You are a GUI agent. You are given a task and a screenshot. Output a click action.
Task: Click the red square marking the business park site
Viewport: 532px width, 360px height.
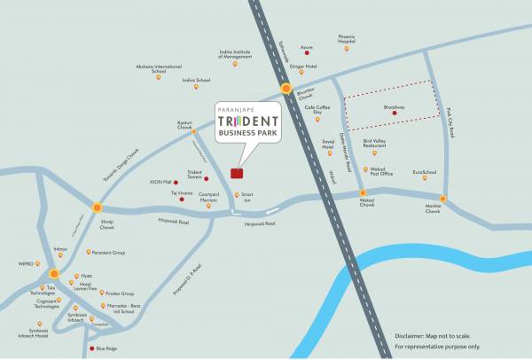[x=236, y=173]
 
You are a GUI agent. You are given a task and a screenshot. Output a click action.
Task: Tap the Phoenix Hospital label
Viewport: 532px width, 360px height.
[x=347, y=39]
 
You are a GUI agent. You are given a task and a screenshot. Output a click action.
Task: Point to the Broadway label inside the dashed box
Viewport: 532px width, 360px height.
[x=395, y=107]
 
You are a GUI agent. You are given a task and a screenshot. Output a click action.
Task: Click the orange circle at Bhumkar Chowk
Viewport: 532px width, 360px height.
[x=286, y=88]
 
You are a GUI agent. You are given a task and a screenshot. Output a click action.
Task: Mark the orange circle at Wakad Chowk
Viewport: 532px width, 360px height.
[x=363, y=192]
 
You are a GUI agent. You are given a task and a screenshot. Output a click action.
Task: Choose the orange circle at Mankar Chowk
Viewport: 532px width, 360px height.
[x=442, y=199]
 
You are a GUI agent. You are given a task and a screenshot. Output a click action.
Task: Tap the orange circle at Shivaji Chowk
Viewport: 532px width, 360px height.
[x=97, y=207]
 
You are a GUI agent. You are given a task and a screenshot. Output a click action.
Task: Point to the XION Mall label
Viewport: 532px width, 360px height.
[x=160, y=182]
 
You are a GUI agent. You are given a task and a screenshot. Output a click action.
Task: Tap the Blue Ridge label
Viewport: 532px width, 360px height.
[x=107, y=349]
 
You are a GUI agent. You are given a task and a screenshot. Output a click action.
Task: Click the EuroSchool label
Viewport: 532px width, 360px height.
[x=425, y=172]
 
